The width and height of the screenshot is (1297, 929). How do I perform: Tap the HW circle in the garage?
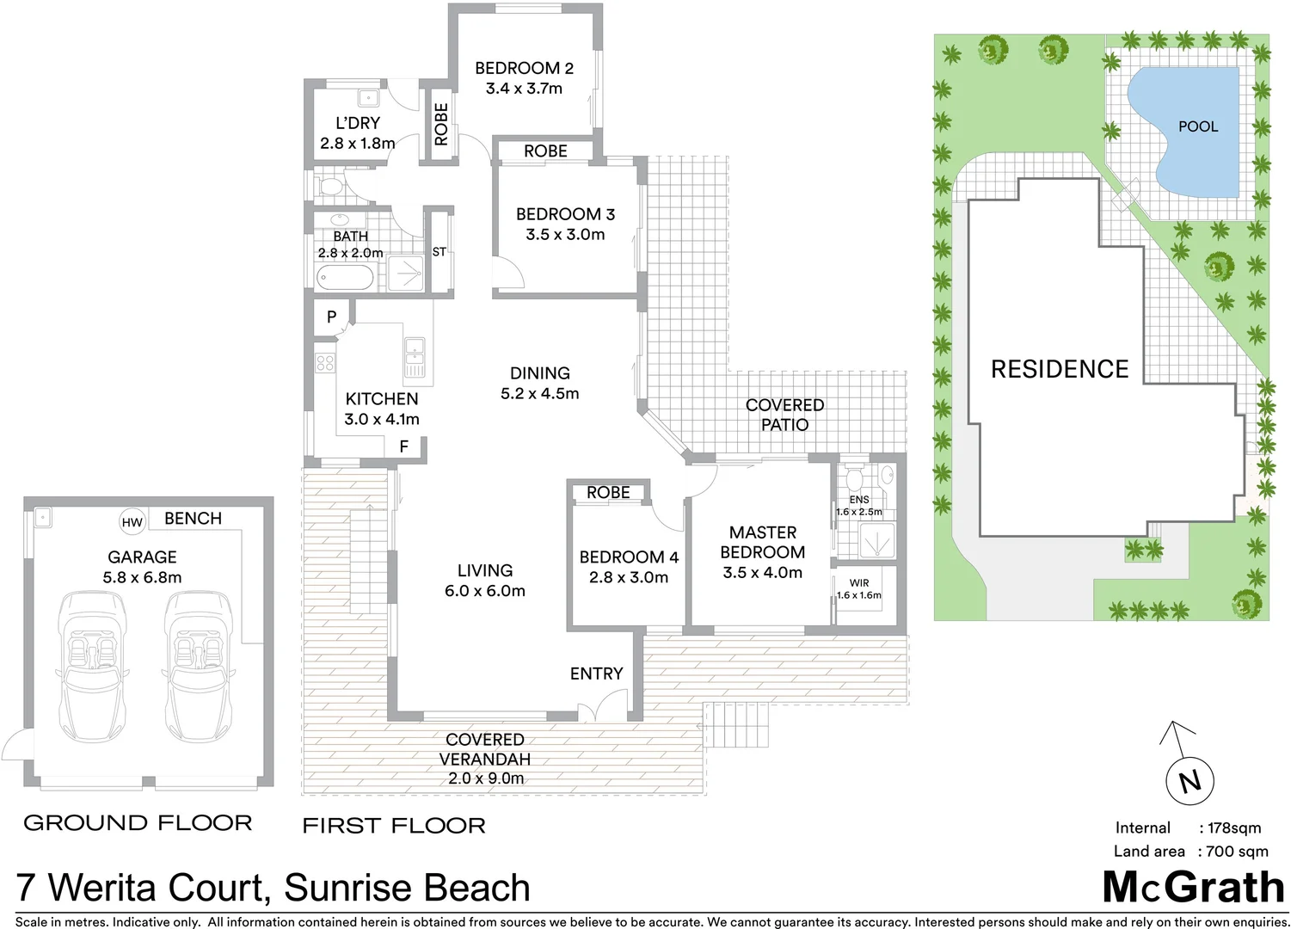(x=132, y=522)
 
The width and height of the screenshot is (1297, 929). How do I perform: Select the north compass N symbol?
(x=1189, y=781)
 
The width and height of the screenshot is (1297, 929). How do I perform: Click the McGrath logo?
(x=1193, y=888)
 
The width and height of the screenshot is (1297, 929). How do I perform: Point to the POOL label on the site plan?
(x=1197, y=126)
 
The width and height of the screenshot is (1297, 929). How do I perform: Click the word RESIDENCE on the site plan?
(x=1059, y=369)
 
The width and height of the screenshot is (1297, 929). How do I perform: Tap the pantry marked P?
(x=331, y=317)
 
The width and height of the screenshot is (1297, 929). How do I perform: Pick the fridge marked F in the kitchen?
(x=403, y=446)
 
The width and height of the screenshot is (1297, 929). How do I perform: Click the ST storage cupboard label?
(x=439, y=252)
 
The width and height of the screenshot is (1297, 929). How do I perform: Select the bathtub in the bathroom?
(x=345, y=278)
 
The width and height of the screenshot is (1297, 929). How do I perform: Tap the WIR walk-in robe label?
(x=858, y=583)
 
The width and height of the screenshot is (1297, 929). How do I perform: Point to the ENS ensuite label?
(x=858, y=500)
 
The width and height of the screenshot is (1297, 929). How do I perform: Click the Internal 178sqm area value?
(x=1233, y=827)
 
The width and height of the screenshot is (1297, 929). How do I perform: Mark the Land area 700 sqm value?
(x=1237, y=852)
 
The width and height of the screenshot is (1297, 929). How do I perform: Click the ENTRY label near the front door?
(x=596, y=674)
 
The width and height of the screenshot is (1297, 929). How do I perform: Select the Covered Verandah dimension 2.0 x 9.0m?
(x=485, y=778)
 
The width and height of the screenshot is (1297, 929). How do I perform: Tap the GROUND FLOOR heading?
(x=138, y=823)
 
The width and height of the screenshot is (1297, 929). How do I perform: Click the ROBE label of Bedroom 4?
(x=608, y=493)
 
